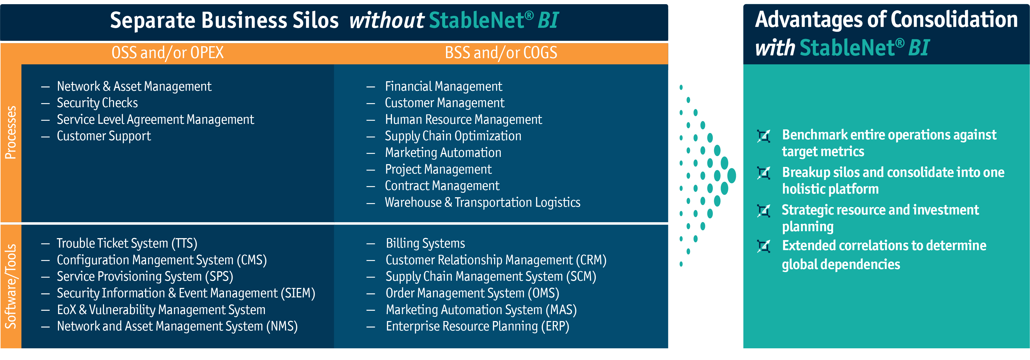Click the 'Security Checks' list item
point(97,103)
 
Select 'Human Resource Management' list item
point(464,120)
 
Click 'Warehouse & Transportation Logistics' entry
point(483,203)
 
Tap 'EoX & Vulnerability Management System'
point(161,310)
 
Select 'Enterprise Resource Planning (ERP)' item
point(477,326)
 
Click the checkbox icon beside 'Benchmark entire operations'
point(763,136)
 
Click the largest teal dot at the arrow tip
point(732,176)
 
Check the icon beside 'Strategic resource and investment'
point(763,211)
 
